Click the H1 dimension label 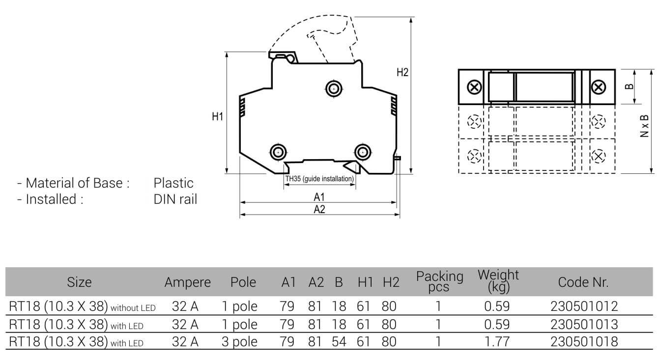coord(218,116)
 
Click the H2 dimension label coord(402,72)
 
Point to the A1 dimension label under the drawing coord(319,197)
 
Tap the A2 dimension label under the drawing coord(319,210)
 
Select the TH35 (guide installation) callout coord(319,179)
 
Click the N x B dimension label coord(645,126)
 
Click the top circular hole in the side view coord(334,89)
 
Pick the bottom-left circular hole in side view coord(278,152)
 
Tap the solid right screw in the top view coord(598,87)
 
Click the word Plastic coord(173,183)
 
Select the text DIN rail coord(175,199)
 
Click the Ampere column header coord(187,282)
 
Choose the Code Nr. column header coord(583,282)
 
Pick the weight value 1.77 coord(497,342)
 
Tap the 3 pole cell coord(239,342)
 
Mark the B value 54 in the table coord(339,342)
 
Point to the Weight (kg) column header coord(498,281)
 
